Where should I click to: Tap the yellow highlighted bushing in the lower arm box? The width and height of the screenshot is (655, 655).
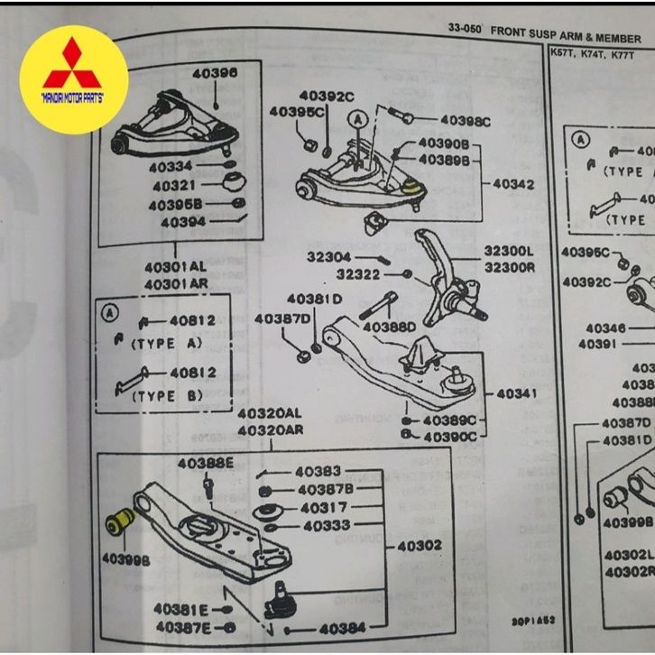120,521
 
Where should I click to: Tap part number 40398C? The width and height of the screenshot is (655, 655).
466,121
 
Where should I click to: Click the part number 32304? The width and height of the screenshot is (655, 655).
328,257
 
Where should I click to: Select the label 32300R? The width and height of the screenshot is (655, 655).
510,268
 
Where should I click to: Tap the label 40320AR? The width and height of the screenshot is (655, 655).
270,430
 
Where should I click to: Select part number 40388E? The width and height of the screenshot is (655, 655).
206,465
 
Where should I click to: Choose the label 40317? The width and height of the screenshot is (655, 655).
324,509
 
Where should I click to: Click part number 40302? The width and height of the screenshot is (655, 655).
420,546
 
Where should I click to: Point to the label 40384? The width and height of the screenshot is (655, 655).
343,629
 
